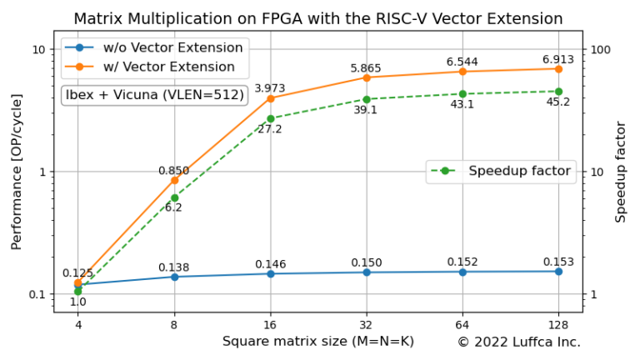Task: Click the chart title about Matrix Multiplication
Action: (x=317, y=18)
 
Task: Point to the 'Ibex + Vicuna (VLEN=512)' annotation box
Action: (x=155, y=95)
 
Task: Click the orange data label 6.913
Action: (x=558, y=59)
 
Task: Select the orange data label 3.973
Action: (x=270, y=88)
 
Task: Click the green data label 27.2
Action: (x=270, y=129)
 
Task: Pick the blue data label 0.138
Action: (x=174, y=267)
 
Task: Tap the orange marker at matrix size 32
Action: (x=367, y=77)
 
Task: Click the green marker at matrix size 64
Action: (x=462, y=94)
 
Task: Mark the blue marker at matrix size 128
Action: (x=558, y=271)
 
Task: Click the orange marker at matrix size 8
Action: (x=174, y=180)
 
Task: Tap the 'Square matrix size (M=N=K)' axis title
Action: (x=317, y=342)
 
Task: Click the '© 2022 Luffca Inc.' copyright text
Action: (x=518, y=342)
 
